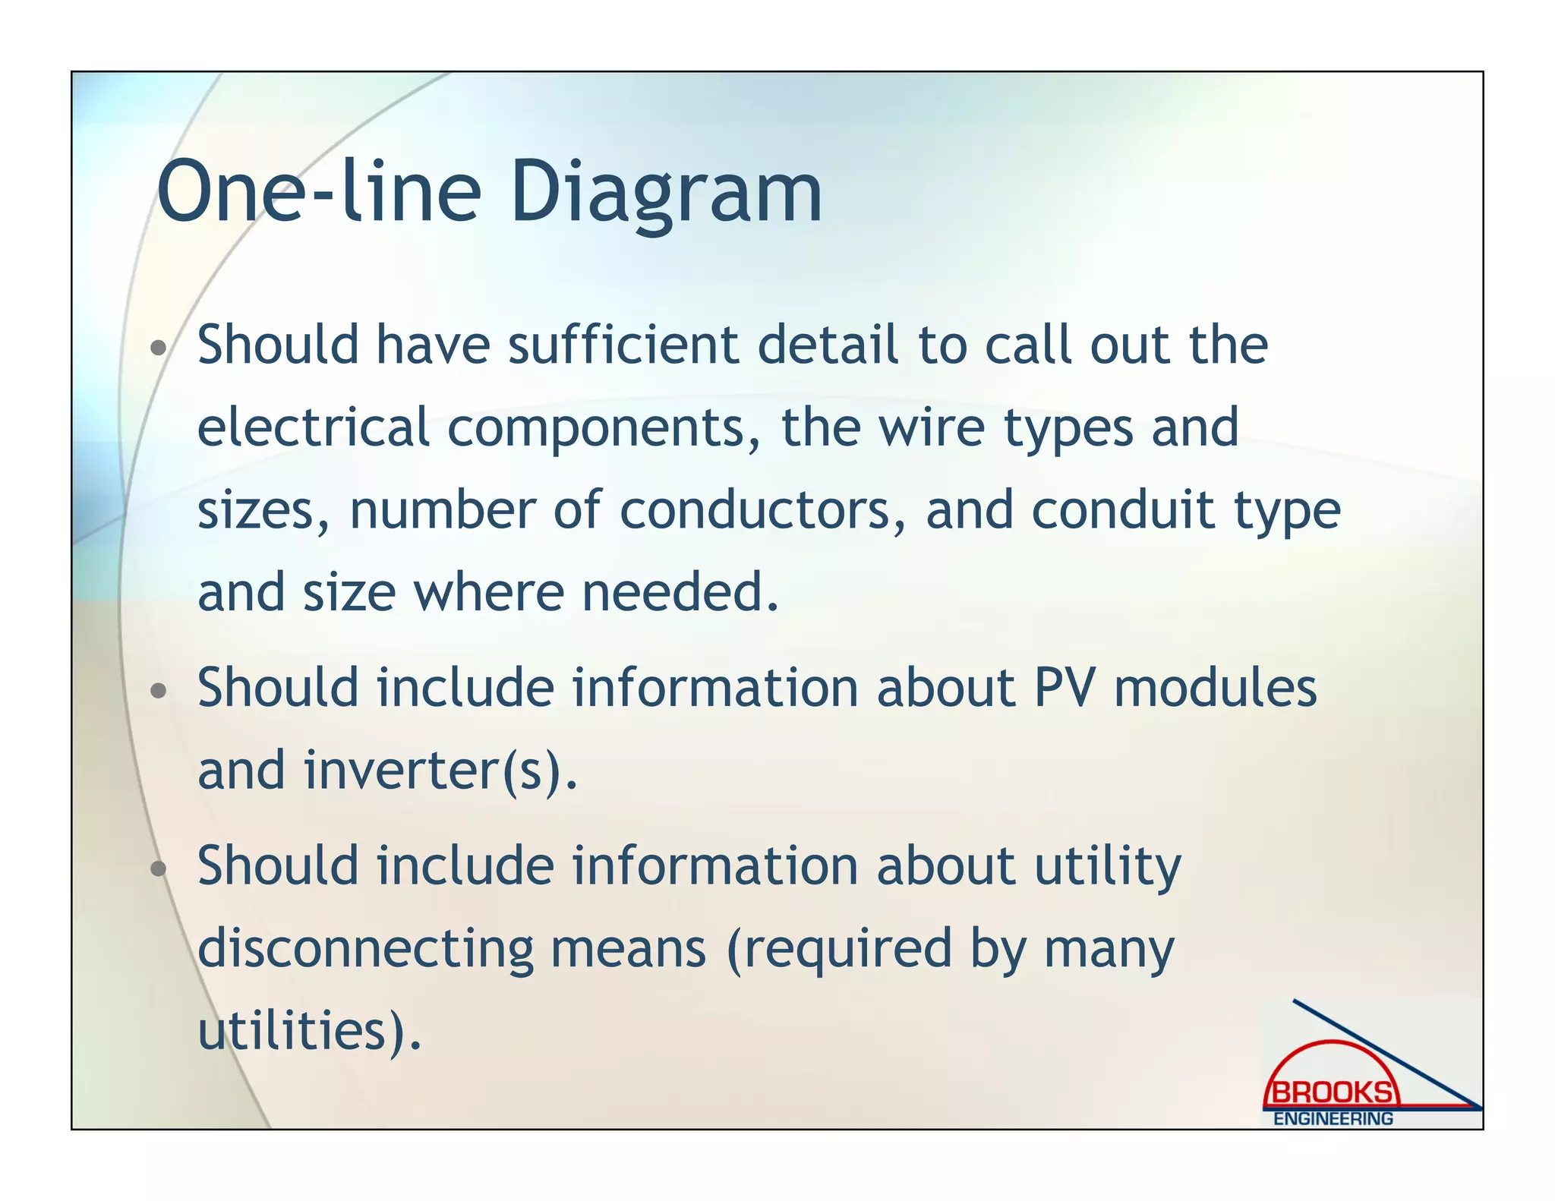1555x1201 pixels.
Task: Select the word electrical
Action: [x=314, y=427]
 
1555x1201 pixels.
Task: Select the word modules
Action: [x=1215, y=687]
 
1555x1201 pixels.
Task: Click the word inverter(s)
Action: [x=441, y=770]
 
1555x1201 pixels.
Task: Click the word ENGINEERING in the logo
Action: [x=1333, y=1118]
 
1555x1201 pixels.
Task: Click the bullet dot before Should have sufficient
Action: [x=158, y=348]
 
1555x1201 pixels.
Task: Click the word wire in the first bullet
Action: [x=932, y=427]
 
